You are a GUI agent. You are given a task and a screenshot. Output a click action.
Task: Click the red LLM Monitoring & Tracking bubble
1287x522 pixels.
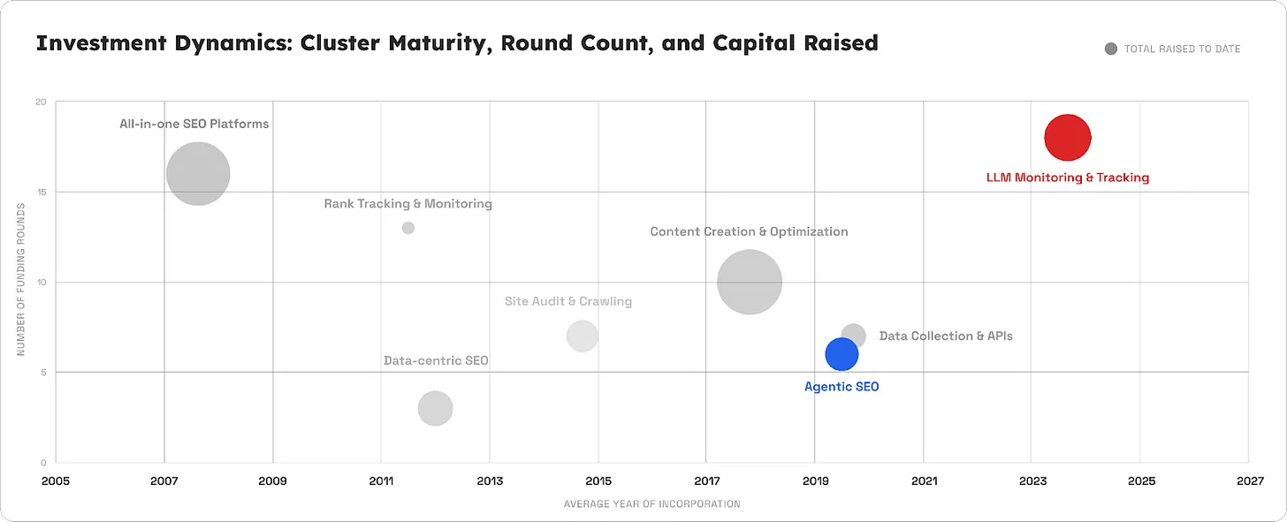click(x=1067, y=138)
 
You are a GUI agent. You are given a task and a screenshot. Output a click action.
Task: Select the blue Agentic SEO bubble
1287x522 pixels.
click(x=841, y=354)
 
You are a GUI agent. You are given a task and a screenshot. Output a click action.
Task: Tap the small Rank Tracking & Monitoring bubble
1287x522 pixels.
click(x=408, y=228)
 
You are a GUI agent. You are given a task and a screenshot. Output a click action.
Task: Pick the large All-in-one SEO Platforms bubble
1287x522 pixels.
click(x=198, y=173)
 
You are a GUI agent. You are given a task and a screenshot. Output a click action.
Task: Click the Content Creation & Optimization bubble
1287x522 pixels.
click(x=750, y=282)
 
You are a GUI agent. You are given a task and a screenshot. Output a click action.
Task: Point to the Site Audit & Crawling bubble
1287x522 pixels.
click(x=582, y=336)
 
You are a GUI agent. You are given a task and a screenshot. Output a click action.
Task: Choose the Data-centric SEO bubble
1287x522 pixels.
click(x=435, y=408)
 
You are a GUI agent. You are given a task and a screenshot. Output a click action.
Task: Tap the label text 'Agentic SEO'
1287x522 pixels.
click(x=841, y=387)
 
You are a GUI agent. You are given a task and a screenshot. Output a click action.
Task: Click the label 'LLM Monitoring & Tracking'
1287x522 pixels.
click(x=1067, y=178)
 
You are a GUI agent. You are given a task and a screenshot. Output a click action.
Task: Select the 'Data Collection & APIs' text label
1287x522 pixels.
click(x=946, y=337)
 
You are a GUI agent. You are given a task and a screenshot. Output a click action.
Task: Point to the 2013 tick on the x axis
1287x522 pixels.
click(x=490, y=481)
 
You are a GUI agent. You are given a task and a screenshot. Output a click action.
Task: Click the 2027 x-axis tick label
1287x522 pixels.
click(x=1250, y=481)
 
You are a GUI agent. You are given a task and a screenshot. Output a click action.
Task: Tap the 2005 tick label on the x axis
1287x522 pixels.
click(x=55, y=481)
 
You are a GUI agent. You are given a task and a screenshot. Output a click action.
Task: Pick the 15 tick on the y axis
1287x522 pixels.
click(x=40, y=192)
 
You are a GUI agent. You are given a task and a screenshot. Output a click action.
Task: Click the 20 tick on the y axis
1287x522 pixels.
click(x=40, y=102)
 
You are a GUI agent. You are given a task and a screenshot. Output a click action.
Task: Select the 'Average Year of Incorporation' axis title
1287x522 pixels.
click(x=651, y=504)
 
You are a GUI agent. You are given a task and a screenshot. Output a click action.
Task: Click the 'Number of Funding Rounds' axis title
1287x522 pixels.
click(x=20, y=279)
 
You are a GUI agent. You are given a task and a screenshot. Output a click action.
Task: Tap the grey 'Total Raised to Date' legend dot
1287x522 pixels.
click(x=1111, y=49)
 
